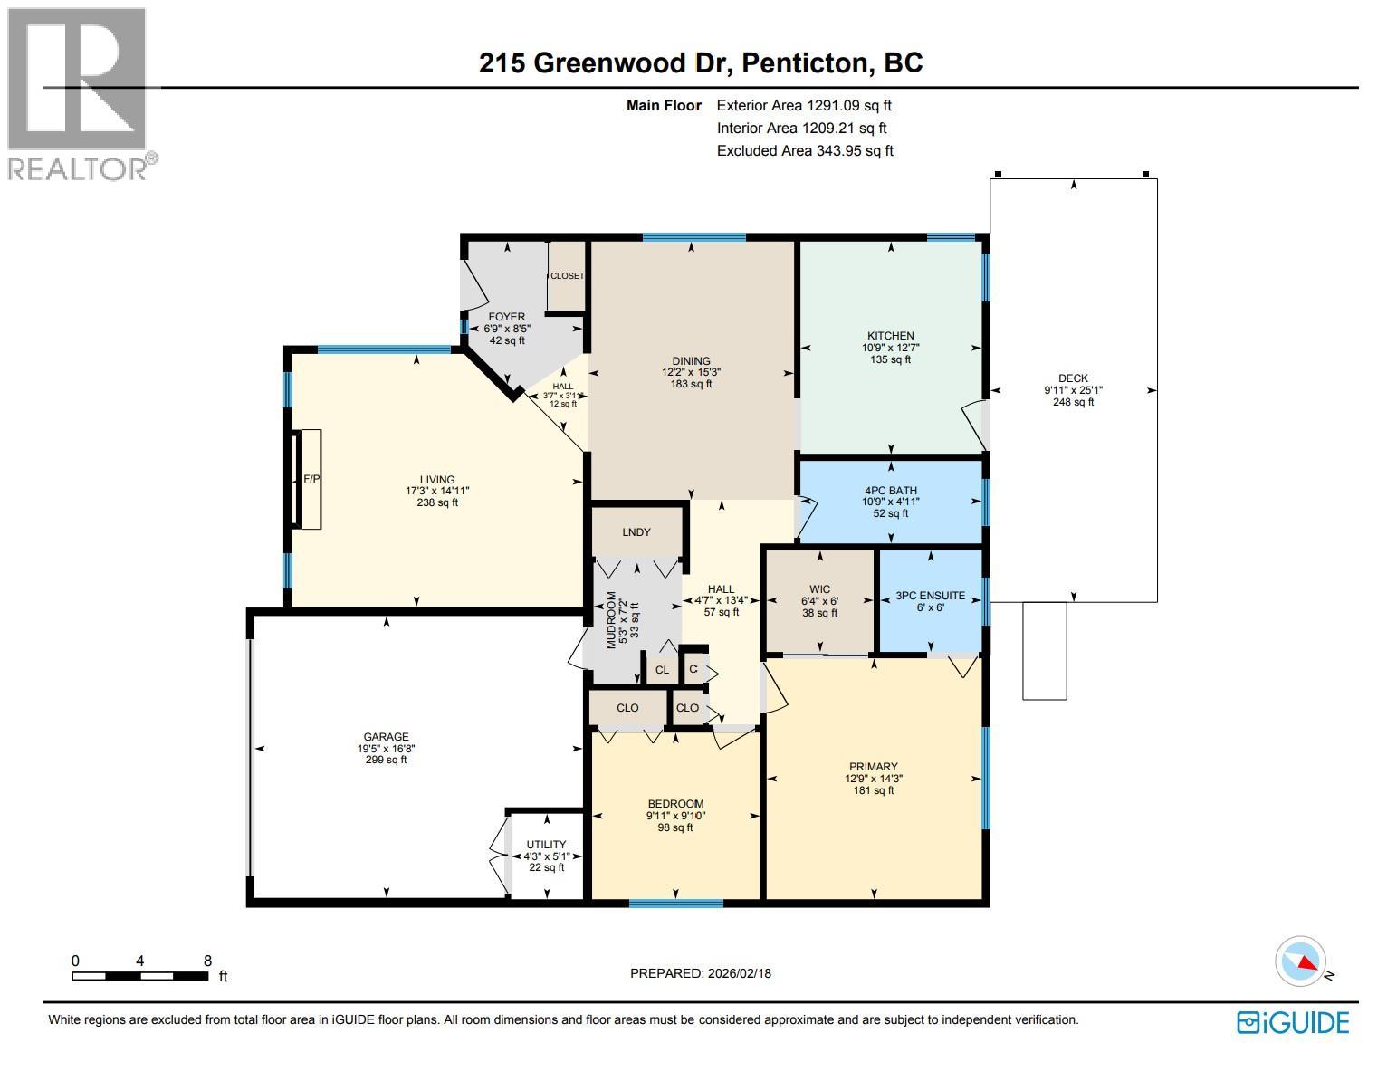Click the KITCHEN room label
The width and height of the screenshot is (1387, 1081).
(x=891, y=336)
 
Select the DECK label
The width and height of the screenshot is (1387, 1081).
(x=1073, y=378)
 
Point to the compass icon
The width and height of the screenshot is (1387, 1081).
(x=1301, y=962)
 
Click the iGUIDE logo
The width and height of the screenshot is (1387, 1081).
(x=1293, y=1022)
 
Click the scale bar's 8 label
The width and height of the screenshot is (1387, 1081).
(x=207, y=961)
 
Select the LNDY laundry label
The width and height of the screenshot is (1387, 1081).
(x=636, y=532)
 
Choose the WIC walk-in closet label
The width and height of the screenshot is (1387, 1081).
(x=819, y=589)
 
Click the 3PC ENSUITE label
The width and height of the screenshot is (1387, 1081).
(x=930, y=596)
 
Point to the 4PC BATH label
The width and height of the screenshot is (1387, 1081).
(x=891, y=490)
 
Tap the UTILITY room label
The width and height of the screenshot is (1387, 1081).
(x=546, y=845)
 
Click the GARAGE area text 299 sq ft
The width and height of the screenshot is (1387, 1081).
(x=386, y=760)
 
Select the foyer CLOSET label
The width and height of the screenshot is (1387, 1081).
(x=568, y=276)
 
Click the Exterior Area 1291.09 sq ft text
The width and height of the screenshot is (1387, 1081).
(x=804, y=106)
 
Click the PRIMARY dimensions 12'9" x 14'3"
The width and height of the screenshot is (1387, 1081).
(x=873, y=778)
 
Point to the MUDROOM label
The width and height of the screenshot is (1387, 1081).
(x=611, y=620)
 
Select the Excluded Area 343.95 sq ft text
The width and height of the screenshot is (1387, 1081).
(x=804, y=151)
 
